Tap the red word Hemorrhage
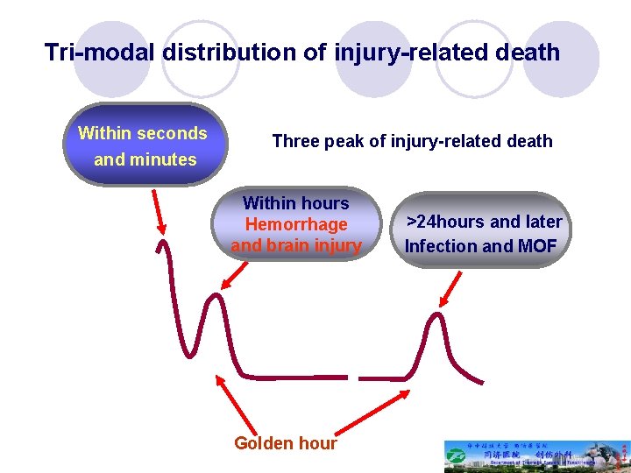click(296, 225)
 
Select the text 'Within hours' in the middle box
click(296, 203)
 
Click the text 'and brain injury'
click(296, 245)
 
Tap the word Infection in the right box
click(441, 246)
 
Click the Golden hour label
click(285, 443)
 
